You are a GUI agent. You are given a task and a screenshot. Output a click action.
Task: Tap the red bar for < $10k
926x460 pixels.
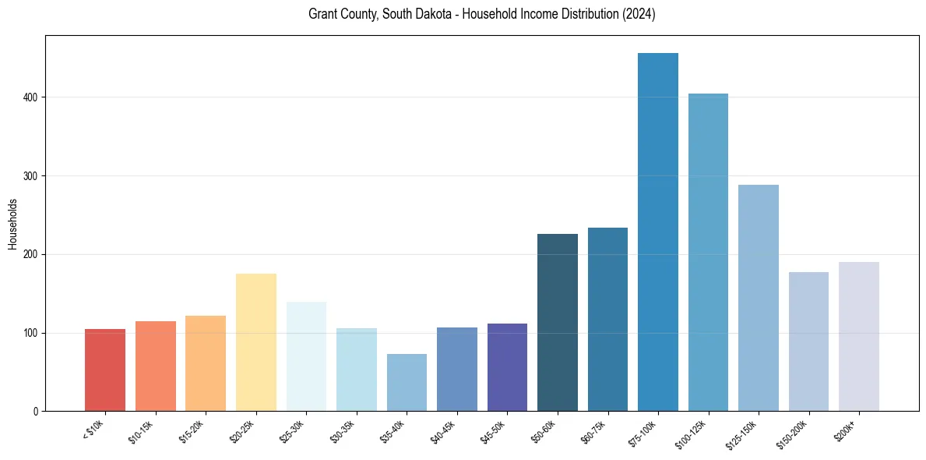tap(105, 370)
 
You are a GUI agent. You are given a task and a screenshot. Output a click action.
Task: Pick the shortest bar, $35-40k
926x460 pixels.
tap(407, 383)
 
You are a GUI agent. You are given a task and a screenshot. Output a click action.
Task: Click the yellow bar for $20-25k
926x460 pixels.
tap(255, 342)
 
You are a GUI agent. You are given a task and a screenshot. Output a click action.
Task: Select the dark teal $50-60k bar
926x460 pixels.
tap(558, 323)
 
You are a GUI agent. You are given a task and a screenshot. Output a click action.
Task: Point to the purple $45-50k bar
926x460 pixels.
tap(507, 367)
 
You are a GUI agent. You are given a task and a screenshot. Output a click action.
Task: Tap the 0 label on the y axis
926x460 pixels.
tap(37, 412)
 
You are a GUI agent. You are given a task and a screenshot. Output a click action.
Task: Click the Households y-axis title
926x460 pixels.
tap(12, 224)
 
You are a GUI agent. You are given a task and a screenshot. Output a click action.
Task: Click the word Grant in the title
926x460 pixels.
tap(322, 15)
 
